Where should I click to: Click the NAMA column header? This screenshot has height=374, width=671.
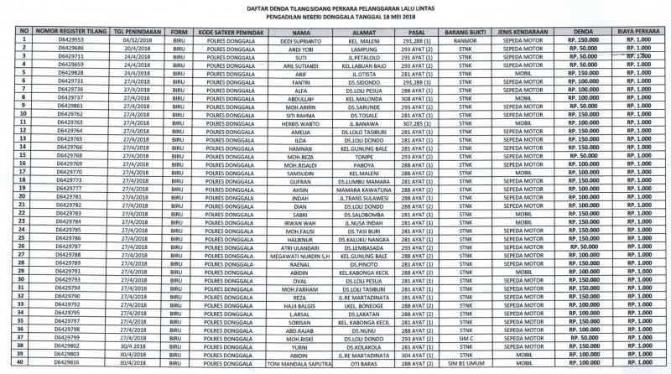(x=302, y=31)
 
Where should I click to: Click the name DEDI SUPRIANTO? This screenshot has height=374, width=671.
(x=302, y=39)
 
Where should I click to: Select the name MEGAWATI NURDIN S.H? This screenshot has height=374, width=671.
(x=302, y=255)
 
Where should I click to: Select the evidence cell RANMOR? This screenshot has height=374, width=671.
(x=464, y=39)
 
